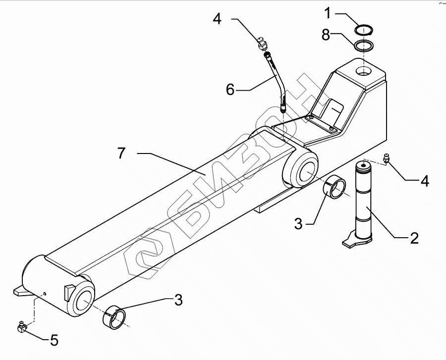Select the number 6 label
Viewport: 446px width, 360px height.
tap(230, 90)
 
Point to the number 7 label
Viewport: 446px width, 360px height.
tap(121, 154)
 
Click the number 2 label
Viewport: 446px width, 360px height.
tap(414, 238)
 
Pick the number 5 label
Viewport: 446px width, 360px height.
tap(54, 340)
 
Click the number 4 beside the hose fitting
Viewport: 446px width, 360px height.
tap(217, 19)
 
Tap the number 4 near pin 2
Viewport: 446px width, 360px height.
tap(425, 181)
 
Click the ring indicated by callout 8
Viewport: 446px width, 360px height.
tap(364, 47)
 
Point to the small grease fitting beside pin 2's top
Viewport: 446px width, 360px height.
tap(387, 159)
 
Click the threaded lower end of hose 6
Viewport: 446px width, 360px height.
tap(282, 107)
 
